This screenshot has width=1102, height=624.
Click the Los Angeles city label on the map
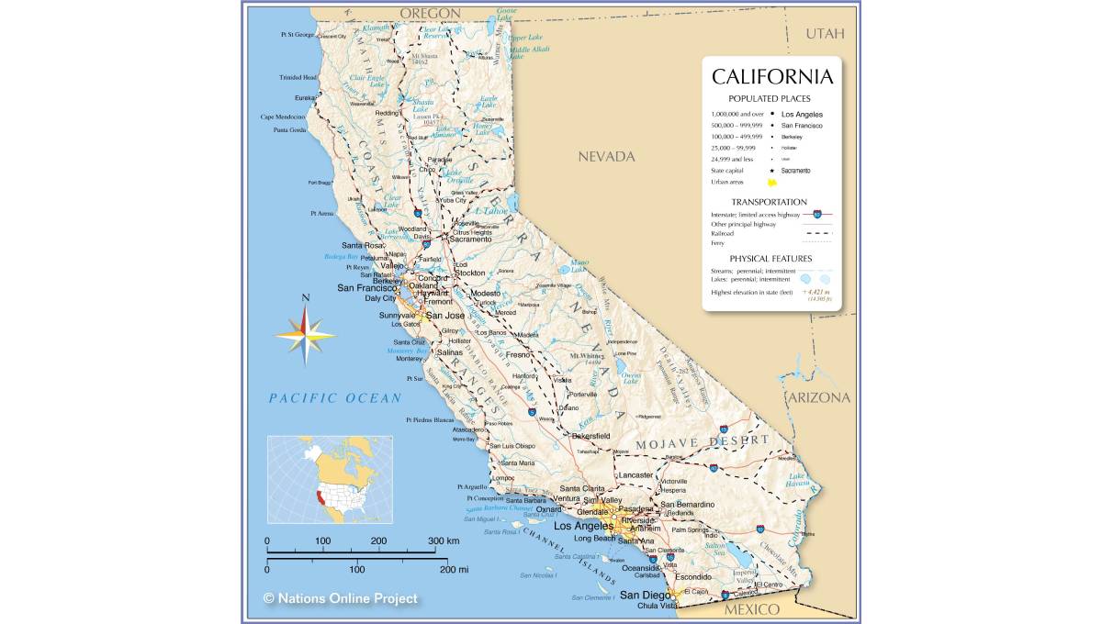(582, 526)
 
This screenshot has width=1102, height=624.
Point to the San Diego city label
(641, 595)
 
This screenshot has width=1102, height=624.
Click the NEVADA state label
(606, 157)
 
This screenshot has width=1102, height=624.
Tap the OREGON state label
(429, 13)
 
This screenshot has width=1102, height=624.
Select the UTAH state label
(824, 34)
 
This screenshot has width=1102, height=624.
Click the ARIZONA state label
(818, 397)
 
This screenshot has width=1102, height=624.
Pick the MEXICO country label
(751, 609)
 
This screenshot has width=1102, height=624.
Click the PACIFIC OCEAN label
(335, 398)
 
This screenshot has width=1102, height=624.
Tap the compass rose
(306, 335)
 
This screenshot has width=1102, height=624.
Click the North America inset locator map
(330, 479)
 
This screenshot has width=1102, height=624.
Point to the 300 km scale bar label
(444, 540)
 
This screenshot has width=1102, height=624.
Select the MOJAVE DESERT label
(703, 442)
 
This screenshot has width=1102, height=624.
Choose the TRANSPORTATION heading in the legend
(769, 202)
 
